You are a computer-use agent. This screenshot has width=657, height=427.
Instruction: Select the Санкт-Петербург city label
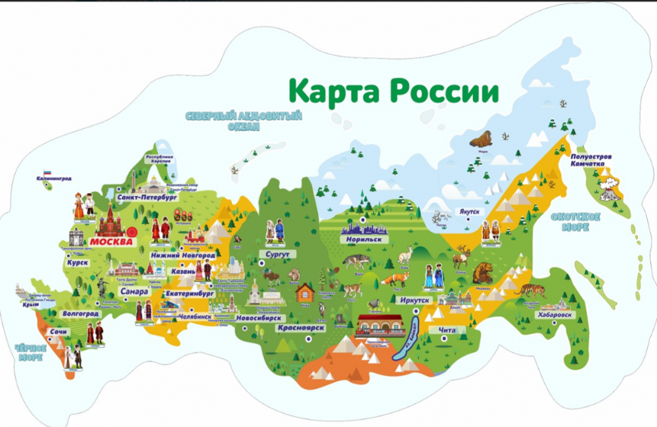pos(147,196)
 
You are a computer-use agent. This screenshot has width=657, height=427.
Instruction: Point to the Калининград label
pos(54,178)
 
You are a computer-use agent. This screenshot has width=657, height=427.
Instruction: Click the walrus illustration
pos(482,140)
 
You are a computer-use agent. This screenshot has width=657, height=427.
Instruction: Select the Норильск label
pos(360,240)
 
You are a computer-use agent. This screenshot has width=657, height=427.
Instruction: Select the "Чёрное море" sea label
pos(30,352)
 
